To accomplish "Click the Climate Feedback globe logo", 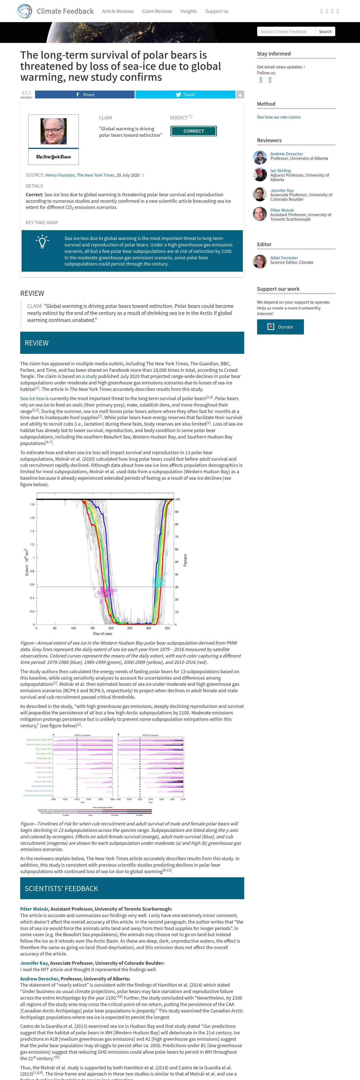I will pyautogui.click(x=25, y=11).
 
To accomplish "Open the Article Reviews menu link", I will pyautogui.click(x=118, y=11).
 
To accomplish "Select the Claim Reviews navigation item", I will pyautogui.click(x=157, y=11).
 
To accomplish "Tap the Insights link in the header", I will pyautogui.click(x=189, y=11).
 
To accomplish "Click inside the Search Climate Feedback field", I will pyautogui.click(x=286, y=31).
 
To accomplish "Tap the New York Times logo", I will pyautogui.click(x=54, y=157).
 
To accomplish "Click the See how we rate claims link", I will pyautogui.click(x=278, y=117).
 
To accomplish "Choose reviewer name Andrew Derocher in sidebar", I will pyautogui.click(x=286, y=154).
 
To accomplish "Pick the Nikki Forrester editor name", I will pyautogui.click(x=284, y=258).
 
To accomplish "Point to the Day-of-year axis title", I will pyautogui.click(x=103, y=633).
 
